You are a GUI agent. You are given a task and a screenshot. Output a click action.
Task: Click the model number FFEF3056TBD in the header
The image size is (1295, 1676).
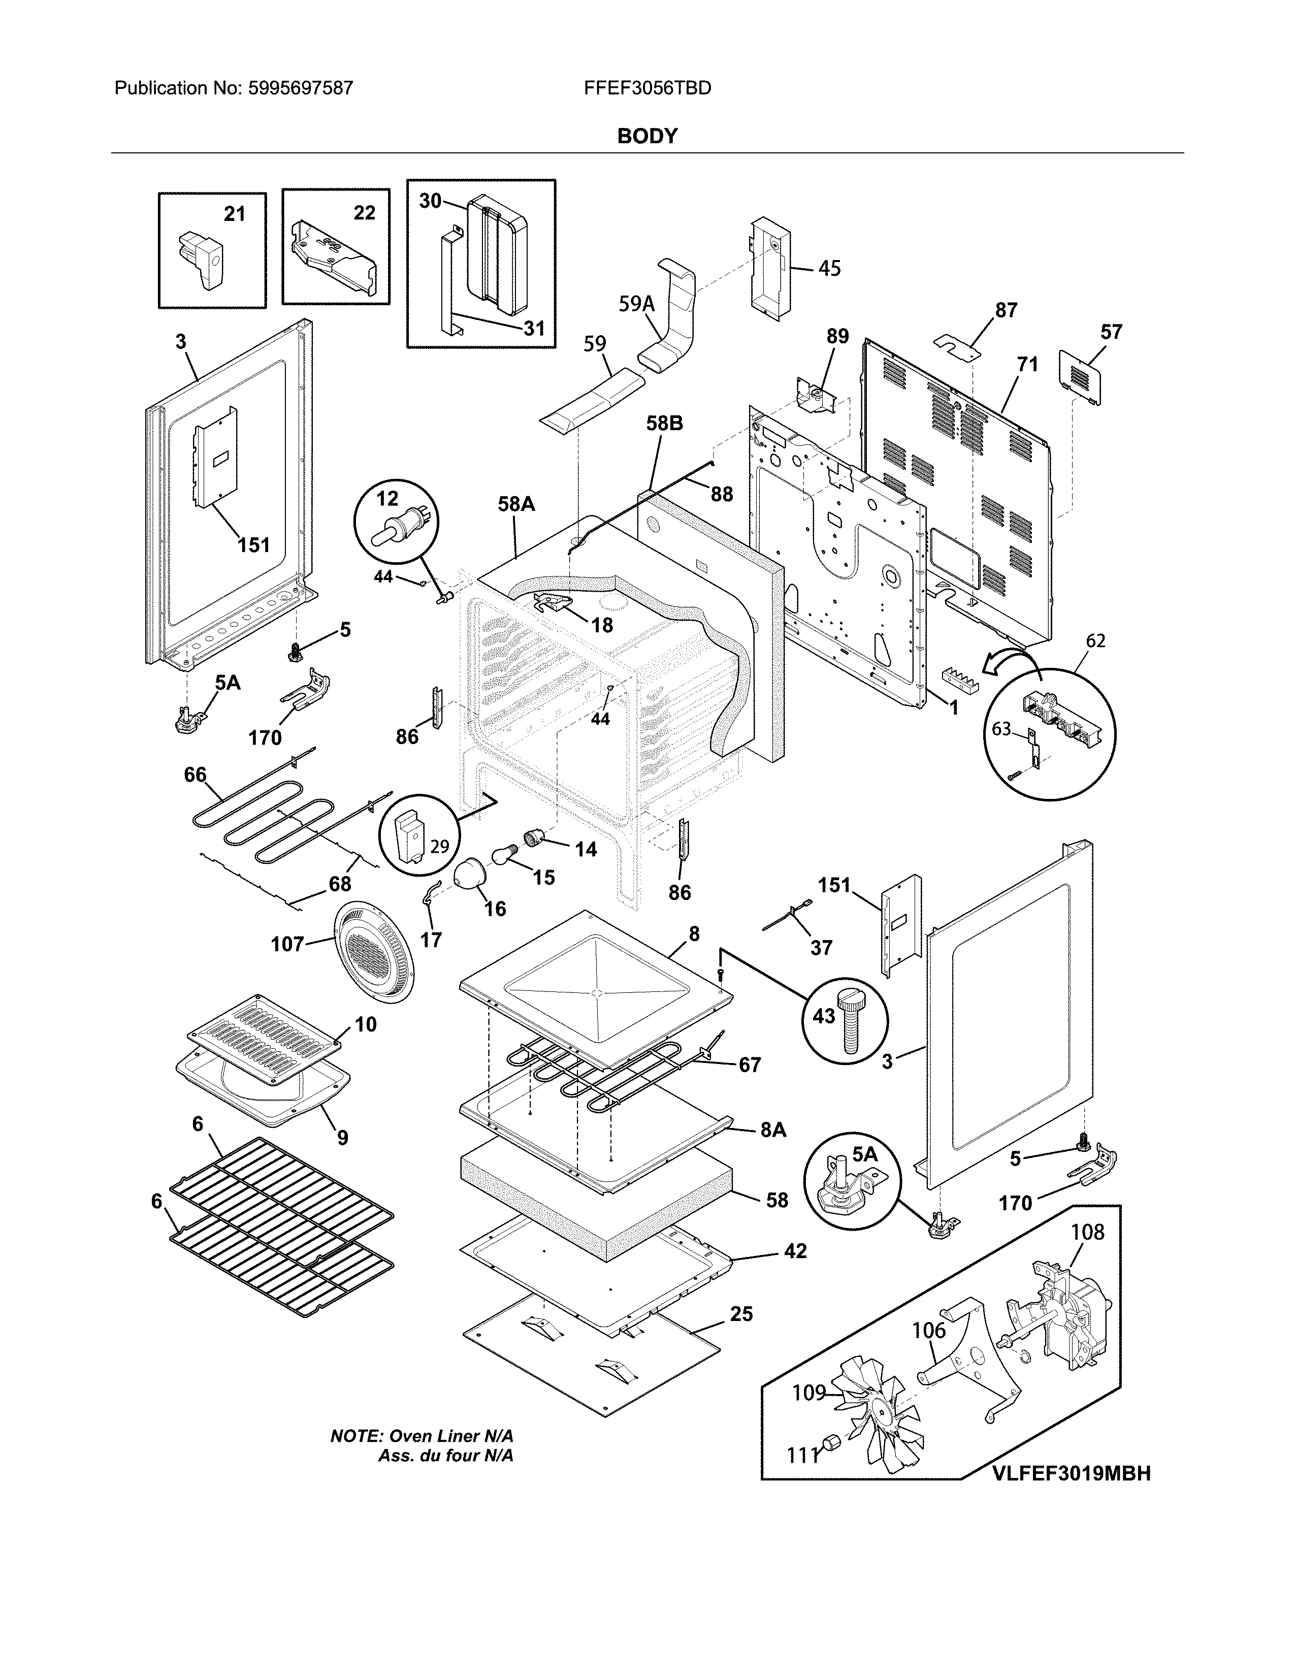pos(646,88)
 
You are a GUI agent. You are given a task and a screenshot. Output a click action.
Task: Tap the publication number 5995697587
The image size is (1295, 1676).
pos(300,88)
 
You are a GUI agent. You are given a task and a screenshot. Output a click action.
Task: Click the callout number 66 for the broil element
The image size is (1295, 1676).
pos(195,775)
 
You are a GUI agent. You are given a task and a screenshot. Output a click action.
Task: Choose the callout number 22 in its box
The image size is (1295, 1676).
pos(365,213)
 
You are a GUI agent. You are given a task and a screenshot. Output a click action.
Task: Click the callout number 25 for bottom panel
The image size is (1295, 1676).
pos(740,1314)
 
